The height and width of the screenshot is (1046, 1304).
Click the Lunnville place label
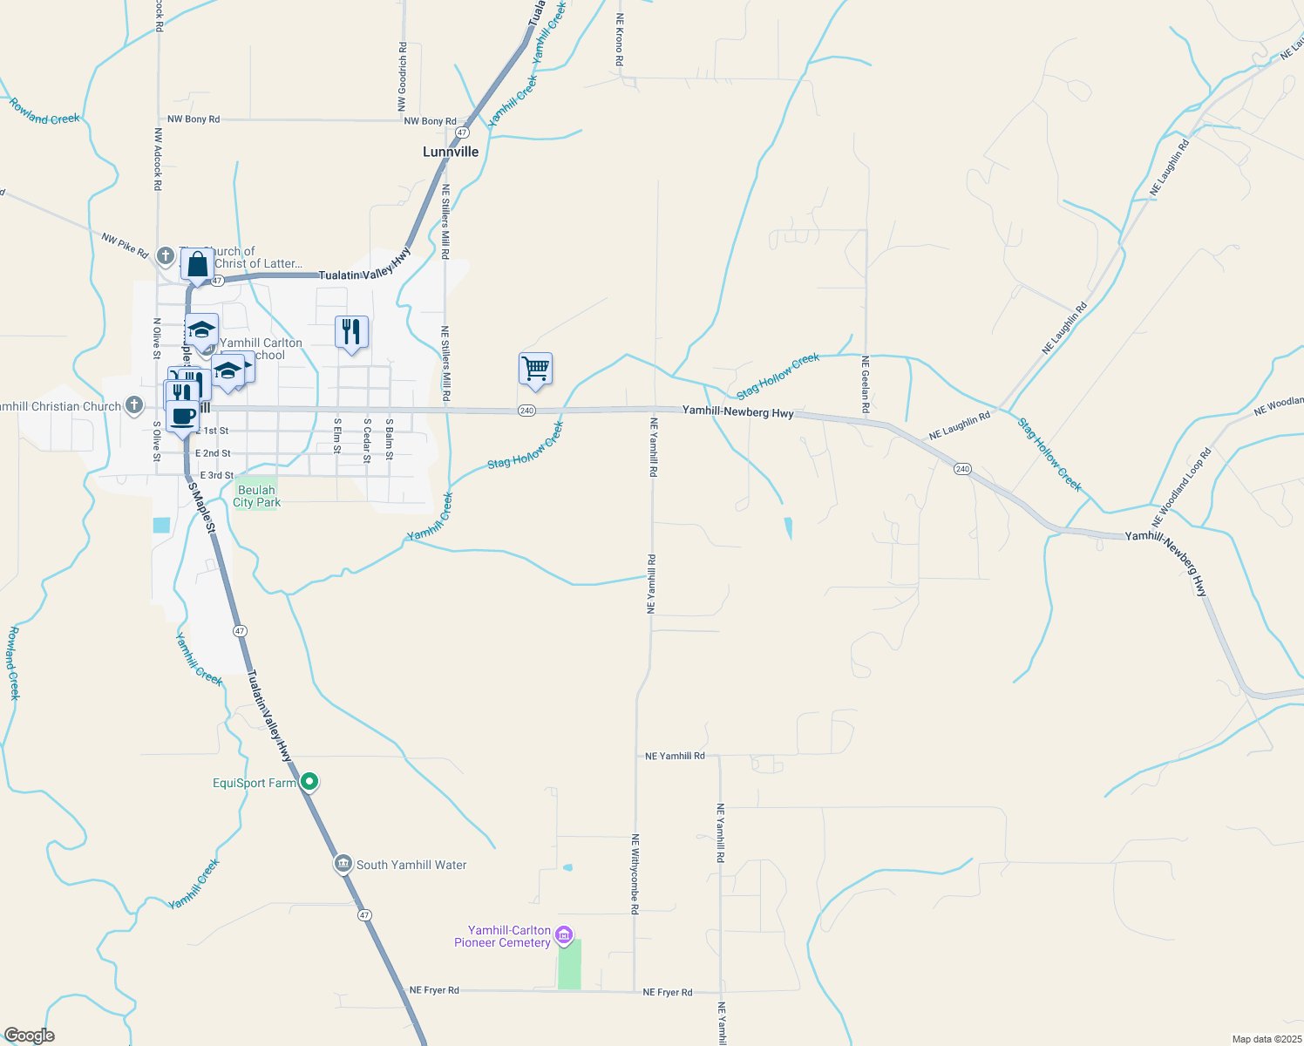pyautogui.click(x=451, y=152)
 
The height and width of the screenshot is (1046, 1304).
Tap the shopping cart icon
pyautogui.click(x=535, y=370)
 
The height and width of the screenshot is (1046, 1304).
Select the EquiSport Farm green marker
pyautogui.click(x=309, y=782)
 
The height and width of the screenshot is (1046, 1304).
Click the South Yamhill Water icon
pyautogui.click(x=343, y=864)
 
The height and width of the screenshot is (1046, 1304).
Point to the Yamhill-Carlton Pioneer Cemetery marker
pyautogui.click(x=564, y=936)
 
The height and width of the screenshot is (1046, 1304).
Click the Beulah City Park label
pyautogui.click(x=256, y=496)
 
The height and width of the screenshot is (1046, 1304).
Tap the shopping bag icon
pyautogui.click(x=198, y=265)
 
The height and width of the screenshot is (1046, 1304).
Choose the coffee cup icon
pyautogui.click(x=182, y=417)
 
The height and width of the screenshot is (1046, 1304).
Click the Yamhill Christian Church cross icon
pyautogui.click(x=133, y=405)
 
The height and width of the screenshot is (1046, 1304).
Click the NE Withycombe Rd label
pyautogui.click(x=635, y=874)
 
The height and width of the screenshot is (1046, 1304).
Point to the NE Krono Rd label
pyautogui.click(x=620, y=39)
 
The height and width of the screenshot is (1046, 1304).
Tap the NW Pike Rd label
pyautogui.click(x=125, y=246)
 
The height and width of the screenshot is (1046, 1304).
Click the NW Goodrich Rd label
pyautogui.click(x=402, y=77)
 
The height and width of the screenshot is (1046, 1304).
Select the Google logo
pyautogui.click(x=29, y=1036)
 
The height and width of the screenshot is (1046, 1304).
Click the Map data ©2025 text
pyautogui.click(x=1266, y=1039)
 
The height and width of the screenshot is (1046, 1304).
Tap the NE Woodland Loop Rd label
pyautogui.click(x=1181, y=486)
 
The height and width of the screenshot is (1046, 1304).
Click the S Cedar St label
pyautogui.click(x=367, y=440)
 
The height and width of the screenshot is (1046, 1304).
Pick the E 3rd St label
pyautogui.click(x=217, y=475)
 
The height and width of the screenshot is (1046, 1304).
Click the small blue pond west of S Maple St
pyautogui.click(x=161, y=525)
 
